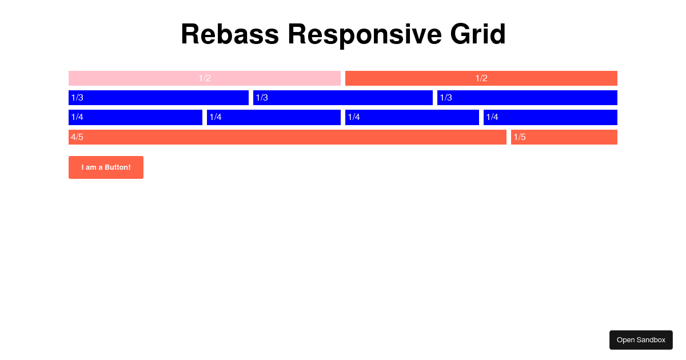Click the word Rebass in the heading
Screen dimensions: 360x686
[x=230, y=34]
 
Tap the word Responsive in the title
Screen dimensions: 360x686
[x=364, y=34]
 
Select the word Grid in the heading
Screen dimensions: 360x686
[x=478, y=34]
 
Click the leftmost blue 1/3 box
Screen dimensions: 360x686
[x=158, y=98]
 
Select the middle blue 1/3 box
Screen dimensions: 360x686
[x=343, y=98]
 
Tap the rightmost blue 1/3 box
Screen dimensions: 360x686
[x=527, y=98]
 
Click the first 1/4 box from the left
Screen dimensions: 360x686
[x=135, y=117]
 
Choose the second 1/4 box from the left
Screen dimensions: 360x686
[x=274, y=117]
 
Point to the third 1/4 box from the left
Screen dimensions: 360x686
[x=412, y=117]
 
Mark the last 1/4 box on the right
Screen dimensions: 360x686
[x=551, y=117]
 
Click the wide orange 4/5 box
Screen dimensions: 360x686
[x=288, y=137]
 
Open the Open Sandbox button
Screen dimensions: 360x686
[x=641, y=340]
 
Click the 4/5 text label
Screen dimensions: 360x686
[x=77, y=137]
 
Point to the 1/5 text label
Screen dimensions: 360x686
[x=520, y=137]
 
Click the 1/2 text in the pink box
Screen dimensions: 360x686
[x=205, y=78]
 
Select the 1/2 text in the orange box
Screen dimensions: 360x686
[x=481, y=78]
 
